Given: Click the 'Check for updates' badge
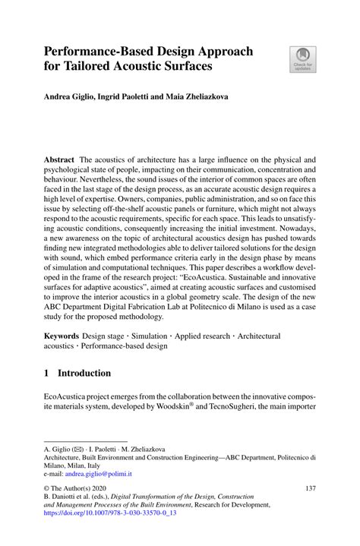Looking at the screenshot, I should coord(302,58).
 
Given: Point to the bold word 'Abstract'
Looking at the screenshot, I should coord(59,161).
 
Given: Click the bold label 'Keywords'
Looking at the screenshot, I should coord(63,336).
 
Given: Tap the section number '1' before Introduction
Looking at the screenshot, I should coord(46,374).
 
